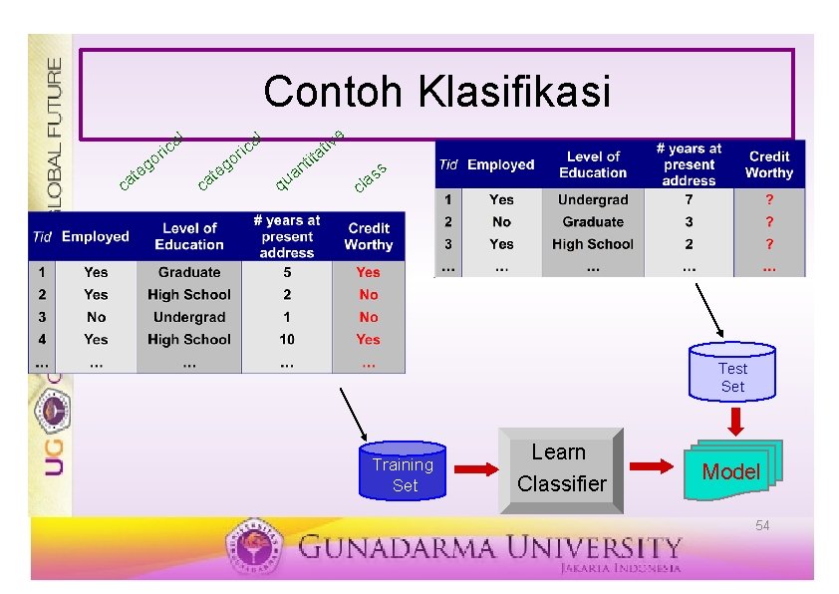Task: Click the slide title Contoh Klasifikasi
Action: pos(436,92)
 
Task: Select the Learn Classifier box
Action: pos(560,467)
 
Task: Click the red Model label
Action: pos(730,471)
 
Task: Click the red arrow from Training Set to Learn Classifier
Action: pos(477,469)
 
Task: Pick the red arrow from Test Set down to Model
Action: pos(734,422)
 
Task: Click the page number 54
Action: pos(762,525)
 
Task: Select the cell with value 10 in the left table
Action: pos(287,339)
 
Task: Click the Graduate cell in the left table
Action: pos(189,272)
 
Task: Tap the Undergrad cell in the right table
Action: pos(593,200)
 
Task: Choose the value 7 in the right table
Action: pos(689,200)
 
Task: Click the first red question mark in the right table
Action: pos(768,200)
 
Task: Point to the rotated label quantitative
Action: pos(310,159)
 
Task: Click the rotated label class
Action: pos(370,177)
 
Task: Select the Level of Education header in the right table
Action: pos(593,164)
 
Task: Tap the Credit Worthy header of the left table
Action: pos(368,236)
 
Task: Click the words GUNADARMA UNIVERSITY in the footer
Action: pos(488,547)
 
